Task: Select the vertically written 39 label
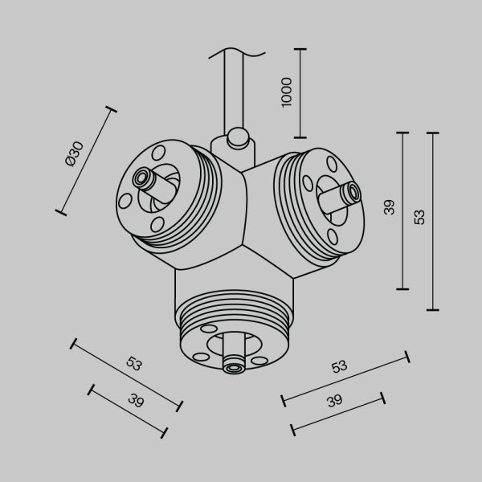(x=389, y=209)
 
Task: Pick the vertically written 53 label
(x=419, y=217)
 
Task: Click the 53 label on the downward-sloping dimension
(x=134, y=363)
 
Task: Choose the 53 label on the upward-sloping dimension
(x=340, y=366)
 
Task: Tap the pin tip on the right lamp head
(x=351, y=192)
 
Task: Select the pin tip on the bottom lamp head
(x=234, y=368)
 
